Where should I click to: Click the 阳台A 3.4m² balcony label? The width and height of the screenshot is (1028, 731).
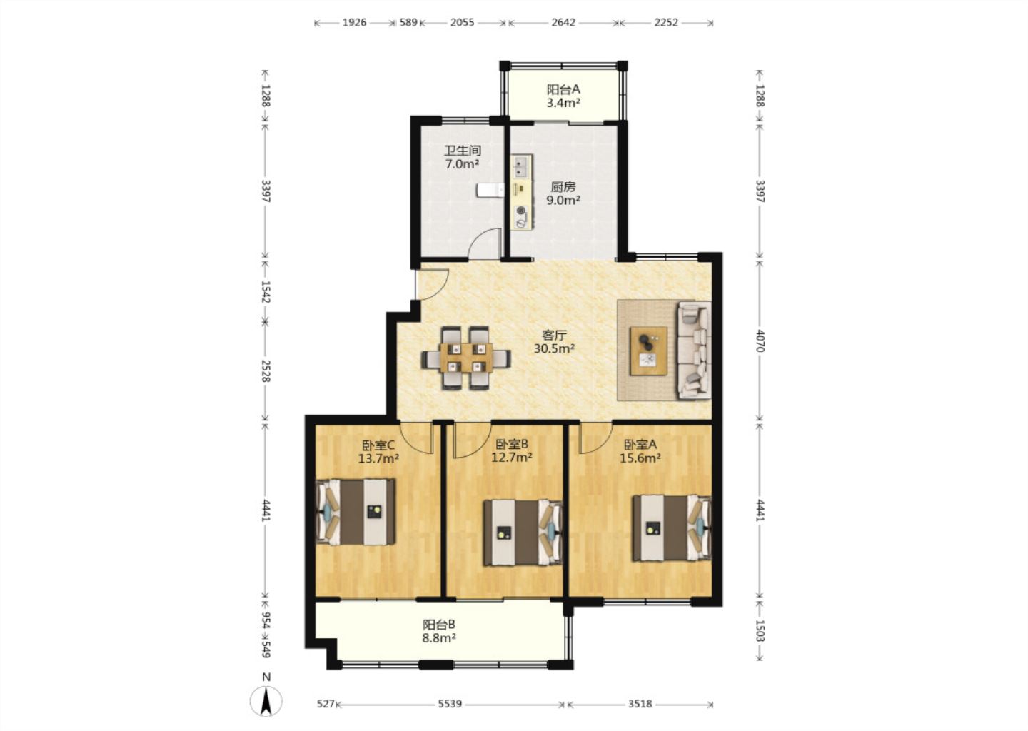click(563, 96)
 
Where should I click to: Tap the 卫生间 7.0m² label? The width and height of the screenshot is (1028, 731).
click(463, 157)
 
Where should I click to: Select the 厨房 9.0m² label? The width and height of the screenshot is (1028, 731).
click(563, 193)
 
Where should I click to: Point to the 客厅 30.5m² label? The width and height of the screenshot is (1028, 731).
click(555, 342)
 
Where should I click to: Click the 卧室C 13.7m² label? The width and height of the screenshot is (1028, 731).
click(378, 452)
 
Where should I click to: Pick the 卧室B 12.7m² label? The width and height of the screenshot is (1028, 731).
click(512, 450)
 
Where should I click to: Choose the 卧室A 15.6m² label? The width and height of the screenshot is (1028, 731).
click(640, 451)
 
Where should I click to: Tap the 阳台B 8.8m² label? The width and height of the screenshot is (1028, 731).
click(439, 631)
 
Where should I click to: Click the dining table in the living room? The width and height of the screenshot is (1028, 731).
click(466, 358)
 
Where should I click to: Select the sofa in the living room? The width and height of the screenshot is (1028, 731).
click(694, 349)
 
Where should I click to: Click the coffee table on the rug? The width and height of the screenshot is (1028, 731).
click(648, 351)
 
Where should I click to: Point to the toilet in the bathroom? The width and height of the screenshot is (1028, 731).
click(490, 190)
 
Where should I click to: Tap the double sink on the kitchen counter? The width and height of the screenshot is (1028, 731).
click(521, 167)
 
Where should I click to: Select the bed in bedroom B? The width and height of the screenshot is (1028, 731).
click(523, 533)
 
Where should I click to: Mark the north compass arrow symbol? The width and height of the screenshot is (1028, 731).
click(266, 702)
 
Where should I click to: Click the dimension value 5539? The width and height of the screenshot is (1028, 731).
click(450, 703)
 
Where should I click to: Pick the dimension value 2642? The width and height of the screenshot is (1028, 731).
click(563, 22)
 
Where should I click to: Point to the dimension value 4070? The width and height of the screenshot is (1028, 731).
click(760, 341)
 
